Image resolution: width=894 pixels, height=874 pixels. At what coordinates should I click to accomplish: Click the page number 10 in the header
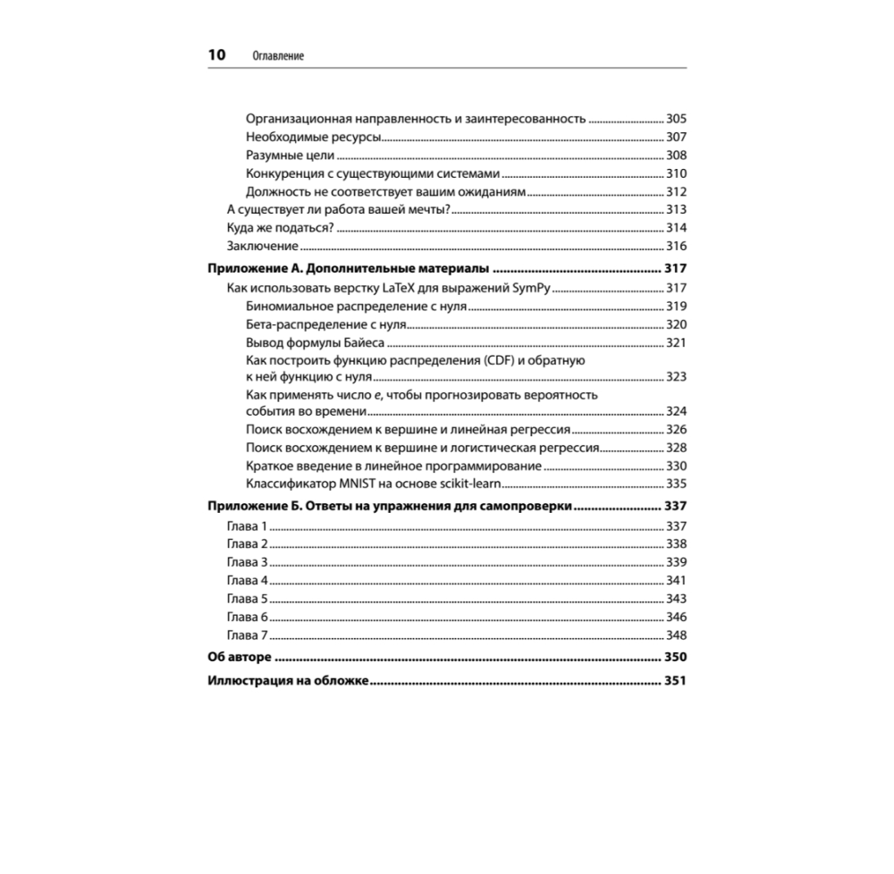point(216,55)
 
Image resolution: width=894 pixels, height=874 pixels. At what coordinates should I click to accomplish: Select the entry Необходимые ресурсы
point(313,137)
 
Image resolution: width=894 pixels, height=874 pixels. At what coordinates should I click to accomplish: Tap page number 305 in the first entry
point(676,119)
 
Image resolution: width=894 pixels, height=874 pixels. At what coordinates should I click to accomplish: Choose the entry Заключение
point(262,246)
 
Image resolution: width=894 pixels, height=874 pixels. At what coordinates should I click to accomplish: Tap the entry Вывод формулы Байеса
point(315,342)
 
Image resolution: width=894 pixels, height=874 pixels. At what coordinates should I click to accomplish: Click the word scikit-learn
point(468,483)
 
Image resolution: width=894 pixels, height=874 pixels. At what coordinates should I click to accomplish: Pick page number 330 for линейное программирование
point(676,466)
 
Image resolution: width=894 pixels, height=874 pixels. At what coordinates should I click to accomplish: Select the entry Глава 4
point(248,580)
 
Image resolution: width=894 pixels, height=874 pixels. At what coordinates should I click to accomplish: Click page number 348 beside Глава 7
point(676,634)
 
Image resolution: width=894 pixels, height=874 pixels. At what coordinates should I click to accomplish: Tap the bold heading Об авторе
point(239,658)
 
